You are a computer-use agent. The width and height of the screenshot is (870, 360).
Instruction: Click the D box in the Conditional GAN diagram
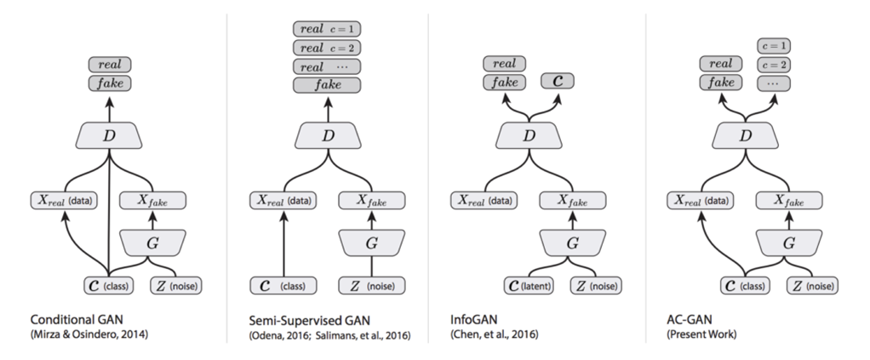pyautogui.click(x=109, y=135)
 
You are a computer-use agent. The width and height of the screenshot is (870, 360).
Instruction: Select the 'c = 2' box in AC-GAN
pyautogui.click(x=774, y=65)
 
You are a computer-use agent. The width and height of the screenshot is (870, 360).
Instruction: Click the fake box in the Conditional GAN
pyautogui.click(x=109, y=83)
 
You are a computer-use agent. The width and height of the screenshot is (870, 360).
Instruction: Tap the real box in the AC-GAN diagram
pyautogui.click(x=720, y=64)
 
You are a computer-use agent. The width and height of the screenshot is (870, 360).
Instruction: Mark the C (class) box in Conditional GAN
pyautogui.click(x=109, y=284)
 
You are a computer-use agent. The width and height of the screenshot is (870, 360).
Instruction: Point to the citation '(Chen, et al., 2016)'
pyautogui.click(x=494, y=335)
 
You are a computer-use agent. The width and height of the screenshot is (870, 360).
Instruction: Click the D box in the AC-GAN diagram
pyautogui.click(x=747, y=135)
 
